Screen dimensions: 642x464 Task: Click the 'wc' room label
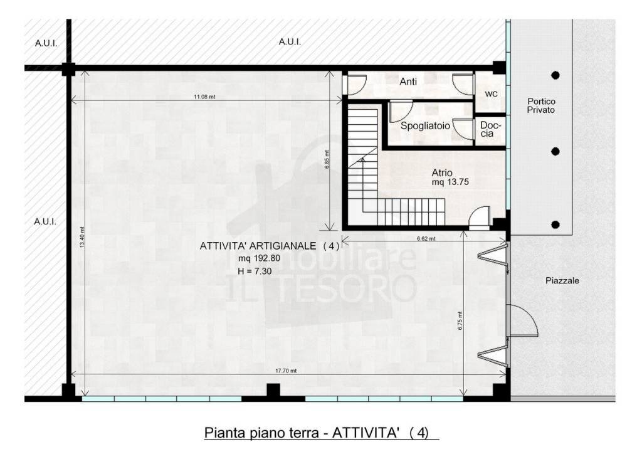click(x=491, y=94)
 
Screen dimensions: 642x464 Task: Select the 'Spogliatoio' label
click(x=425, y=126)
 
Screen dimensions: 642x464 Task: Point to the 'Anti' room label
click(x=408, y=82)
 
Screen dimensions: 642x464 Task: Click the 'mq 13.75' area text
click(x=450, y=182)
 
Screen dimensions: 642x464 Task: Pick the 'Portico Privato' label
click(x=541, y=106)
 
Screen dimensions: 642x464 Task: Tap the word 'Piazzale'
click(x=562, y=280)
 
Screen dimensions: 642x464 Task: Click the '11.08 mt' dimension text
click(x=204, y=97)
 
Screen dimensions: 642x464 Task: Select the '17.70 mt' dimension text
click(x=286, y=371)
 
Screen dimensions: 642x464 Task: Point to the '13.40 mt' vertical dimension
click(x=82, y=237)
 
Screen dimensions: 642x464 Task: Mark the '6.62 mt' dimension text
click(x=426, y=238)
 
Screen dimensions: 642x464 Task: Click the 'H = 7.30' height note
click(x=255, y=271)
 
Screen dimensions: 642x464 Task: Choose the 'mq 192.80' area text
click(x=259, y=258)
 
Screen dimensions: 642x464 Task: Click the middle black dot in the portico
click(x=555, y=152)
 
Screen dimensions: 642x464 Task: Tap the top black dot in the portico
click(x=555, y=75)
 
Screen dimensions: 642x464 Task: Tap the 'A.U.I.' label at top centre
click(x=290, y=42)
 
